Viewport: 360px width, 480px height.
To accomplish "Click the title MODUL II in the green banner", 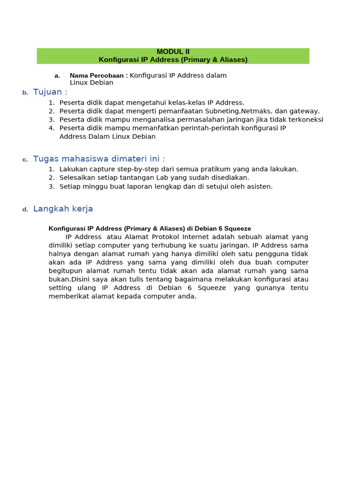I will click(173, 52).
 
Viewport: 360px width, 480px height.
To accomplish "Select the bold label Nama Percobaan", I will click(98, 75).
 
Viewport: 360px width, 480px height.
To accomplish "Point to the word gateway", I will click(305, 111).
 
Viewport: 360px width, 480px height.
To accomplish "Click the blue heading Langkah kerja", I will click(63, 209).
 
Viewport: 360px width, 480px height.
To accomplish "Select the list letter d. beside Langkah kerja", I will click(25, 210).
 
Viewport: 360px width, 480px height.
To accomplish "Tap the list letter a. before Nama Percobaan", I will click(57, 76).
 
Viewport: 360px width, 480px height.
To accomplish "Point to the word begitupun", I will click(65, 271).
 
